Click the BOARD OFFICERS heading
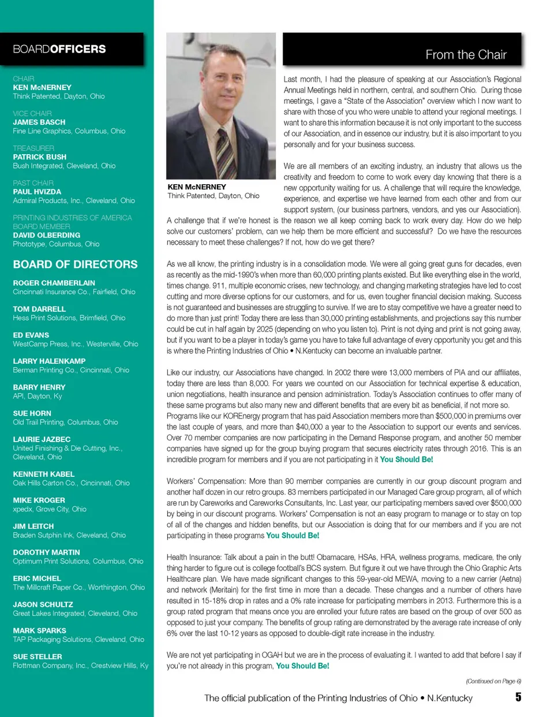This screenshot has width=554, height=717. pyautogui.click(x=59, y=49)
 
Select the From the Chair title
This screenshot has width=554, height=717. pyautogui.click(x=466, y=55)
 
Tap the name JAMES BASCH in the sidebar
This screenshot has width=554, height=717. pyautogui.click(x=39, y=122)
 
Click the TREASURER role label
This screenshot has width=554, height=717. pyautogui.click(x=33, y=148)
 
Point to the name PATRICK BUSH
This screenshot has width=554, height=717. pyautogui.click(x=40, y=157)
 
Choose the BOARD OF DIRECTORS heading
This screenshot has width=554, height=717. pyautogui.click(x=76, y=264)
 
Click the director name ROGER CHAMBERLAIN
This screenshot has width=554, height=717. pyautogui.click(x=54, y=283)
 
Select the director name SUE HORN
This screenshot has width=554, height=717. pyautogui.click(x=32, y=413)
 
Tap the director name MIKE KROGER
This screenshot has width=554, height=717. pyautogui.click(x=39, y=500)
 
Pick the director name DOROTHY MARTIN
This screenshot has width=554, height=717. pyautogui.click(x=47, y=552)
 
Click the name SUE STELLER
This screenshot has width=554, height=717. pyautogui.click(x=38, y=656)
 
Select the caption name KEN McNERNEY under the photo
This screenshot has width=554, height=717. pyautogui.click(x=197, y=187)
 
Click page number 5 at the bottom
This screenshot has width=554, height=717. pyautogui.click(x=518, y=697)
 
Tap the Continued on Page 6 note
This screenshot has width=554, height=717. pyautogui.click(x=493, y=681)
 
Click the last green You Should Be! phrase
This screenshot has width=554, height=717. pyautogui.click(x=302, y=666)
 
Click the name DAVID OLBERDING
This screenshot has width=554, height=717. pyautogui.click(x=47, y=235)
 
